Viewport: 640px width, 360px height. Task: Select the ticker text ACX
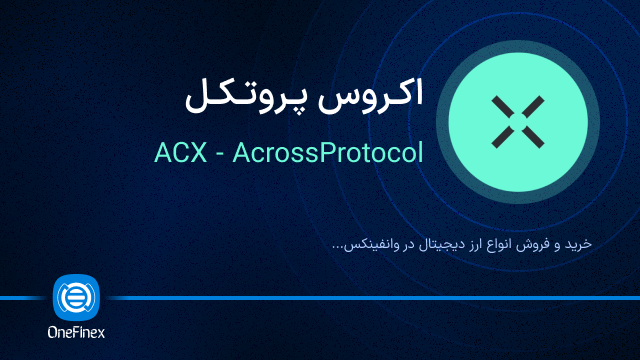click(181, 154)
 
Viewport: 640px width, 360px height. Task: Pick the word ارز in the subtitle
click(466, 243)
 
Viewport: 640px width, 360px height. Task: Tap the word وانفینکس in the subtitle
click(369, 243)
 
